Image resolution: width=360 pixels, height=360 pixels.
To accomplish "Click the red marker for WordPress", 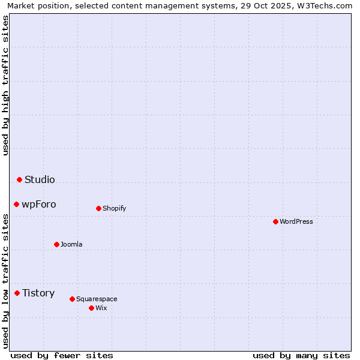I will point(275,221).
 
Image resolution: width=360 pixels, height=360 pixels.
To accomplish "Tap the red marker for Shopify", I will point(98,208).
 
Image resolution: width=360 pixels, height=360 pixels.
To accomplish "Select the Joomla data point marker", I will point(56,244).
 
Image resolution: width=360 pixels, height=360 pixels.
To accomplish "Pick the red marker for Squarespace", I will point(72,299).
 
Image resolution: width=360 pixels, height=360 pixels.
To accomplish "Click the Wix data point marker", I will point(91,308).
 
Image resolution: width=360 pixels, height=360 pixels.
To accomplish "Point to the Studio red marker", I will point(19,179).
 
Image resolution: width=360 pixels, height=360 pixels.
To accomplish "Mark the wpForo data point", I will point(16,204).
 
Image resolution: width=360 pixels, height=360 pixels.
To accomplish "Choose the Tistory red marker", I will point(17,293).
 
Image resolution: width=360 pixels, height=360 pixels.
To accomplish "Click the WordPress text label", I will point(296,221).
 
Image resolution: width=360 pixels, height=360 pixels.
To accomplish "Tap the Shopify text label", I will point(114,208).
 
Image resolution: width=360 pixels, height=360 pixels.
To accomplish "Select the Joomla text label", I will point(71,244).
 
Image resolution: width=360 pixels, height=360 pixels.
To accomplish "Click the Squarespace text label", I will point(97,299).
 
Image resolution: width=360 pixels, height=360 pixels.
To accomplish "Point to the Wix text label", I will point(101,308).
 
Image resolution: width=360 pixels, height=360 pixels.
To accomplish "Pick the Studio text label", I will point(40,179).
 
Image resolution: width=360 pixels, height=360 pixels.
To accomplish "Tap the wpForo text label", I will point(39,204).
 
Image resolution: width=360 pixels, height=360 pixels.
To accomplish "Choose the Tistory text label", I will point(38,293).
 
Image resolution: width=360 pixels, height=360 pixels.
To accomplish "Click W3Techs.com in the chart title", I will point(325,6).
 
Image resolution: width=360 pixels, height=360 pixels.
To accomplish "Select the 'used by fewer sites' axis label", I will point(62,355).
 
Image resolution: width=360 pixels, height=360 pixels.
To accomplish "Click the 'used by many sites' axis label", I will point(301,355).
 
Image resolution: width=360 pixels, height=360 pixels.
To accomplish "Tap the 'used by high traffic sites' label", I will point(6,85).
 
